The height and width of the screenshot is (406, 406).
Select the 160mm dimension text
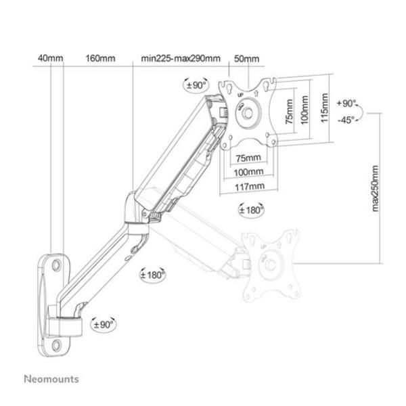pyautogui.click(x=99, y=59)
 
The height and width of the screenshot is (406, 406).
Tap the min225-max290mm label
pyautogui.click(x=181, y=59)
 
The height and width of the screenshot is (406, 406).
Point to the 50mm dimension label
pyautogui.click(x=246, y=59)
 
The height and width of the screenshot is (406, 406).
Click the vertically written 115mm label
pyautogui.click(x=325, y=108)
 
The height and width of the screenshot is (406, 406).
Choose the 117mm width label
pyautogui.click(x=246, y=186)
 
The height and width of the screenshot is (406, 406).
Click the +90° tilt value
pyautogui.click(x=346, y=104)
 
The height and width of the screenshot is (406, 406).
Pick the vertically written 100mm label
pyautogui.click(x=307, y=108)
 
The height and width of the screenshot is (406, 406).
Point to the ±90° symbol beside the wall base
pyautogui.click(x=104, y=324)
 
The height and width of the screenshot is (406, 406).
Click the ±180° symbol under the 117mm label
pyautogui.click(x=252, y=209)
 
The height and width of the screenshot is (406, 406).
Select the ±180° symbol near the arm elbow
pyautogui.click(x=152, y=275)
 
